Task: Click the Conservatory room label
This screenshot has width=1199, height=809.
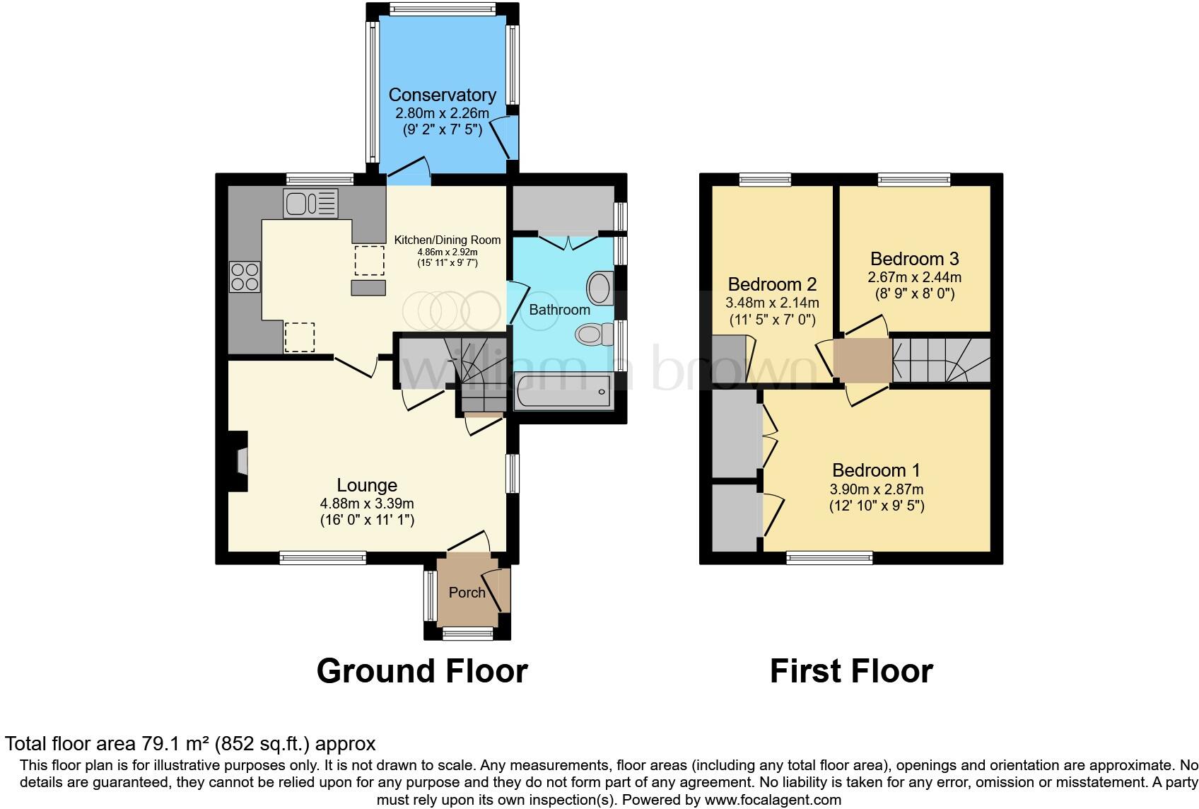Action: pos(442,95)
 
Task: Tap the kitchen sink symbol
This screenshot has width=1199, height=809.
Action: pos(310,203)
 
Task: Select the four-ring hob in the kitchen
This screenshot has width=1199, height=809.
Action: pos(245,276)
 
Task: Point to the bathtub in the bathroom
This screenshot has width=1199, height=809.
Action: pos(563,392)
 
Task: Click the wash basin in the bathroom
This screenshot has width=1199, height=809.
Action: pos(600,287)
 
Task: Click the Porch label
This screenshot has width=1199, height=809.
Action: pos(467,593)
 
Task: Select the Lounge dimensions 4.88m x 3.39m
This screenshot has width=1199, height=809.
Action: pos(367,504)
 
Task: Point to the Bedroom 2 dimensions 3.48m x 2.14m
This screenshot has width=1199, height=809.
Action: pos(772,303)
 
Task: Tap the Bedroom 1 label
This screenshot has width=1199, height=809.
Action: pos(876,470)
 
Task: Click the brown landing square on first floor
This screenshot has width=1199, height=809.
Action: pos(862,361)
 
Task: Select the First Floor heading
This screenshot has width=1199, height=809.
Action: pos(851,671)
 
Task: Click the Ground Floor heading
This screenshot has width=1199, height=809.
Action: pos(422,671)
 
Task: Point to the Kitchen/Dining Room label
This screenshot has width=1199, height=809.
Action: pos(447,240)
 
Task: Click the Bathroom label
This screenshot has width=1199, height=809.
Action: pos(559,310)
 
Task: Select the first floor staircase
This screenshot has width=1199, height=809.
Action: pos(940,361)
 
